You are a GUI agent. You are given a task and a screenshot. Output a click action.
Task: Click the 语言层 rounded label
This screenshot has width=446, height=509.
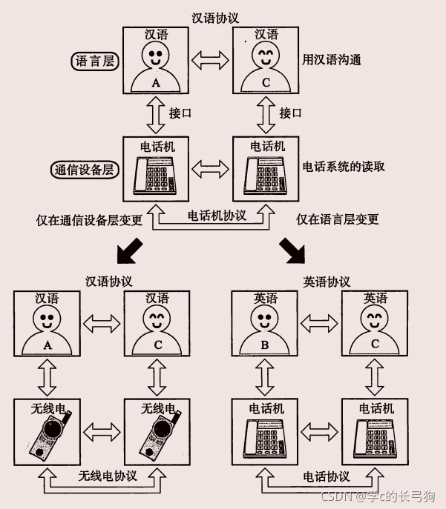coord(94,61)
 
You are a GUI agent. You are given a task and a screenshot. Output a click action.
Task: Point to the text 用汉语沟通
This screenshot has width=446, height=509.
coord(331,59)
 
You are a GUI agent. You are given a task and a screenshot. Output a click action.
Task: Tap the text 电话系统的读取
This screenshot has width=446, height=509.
coord(344,167)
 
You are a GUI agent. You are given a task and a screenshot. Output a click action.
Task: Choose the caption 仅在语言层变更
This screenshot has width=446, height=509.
coord(338,219)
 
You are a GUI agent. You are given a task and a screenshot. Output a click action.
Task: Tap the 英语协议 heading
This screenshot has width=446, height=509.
coord(327,282)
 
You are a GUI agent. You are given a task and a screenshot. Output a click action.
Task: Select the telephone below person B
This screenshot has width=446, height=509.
coord(266,435)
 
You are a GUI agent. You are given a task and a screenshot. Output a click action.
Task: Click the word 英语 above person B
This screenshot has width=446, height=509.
coord(265,298)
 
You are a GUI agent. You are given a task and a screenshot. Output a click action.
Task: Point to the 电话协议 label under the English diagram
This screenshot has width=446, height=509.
coord(327,476)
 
